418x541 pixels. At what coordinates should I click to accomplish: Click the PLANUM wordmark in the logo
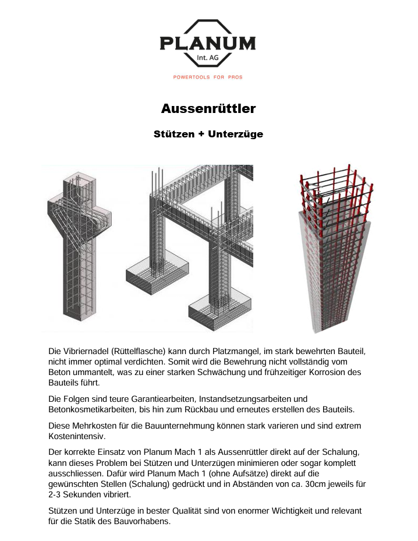(x=208, y=44)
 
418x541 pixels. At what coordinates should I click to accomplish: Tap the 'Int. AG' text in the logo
(x=207, y=57)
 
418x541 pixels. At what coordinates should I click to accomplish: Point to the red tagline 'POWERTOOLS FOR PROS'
(x=208, y=77)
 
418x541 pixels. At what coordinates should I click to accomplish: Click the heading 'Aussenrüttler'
(x=208, y=109)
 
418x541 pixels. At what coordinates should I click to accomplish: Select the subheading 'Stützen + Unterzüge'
(x=208, y=135)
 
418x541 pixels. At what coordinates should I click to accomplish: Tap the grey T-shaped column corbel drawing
(x=79, y=247)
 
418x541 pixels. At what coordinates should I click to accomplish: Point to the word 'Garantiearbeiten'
(x=164, y=399)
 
